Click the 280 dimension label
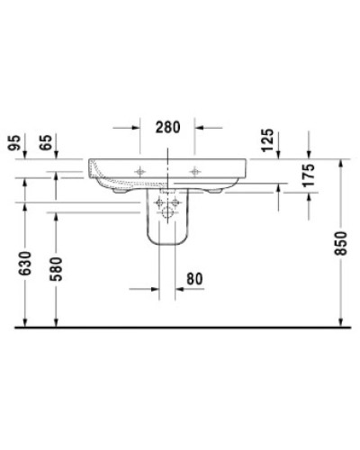(x=168, y=128)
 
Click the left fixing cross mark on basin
(x=139, y=169)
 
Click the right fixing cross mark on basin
(x=196, y=169)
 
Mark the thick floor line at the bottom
(x=180, y=329)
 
